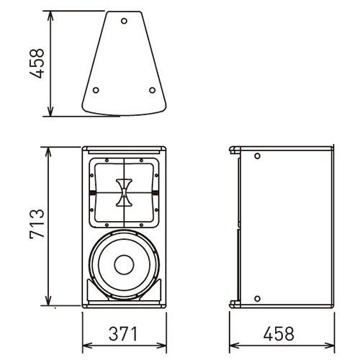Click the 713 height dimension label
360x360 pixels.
(37, 223)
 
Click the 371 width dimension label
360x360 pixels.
(123, 333)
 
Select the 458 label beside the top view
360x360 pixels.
(37, 63)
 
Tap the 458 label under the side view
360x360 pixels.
(279, 333)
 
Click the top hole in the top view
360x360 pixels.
(124, 21)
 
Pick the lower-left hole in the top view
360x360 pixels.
(96, 90)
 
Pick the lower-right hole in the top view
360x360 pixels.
(152, 90)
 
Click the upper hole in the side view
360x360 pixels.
(257, 156)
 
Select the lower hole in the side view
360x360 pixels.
(257, 299)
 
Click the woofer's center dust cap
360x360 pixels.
(124, 265)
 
